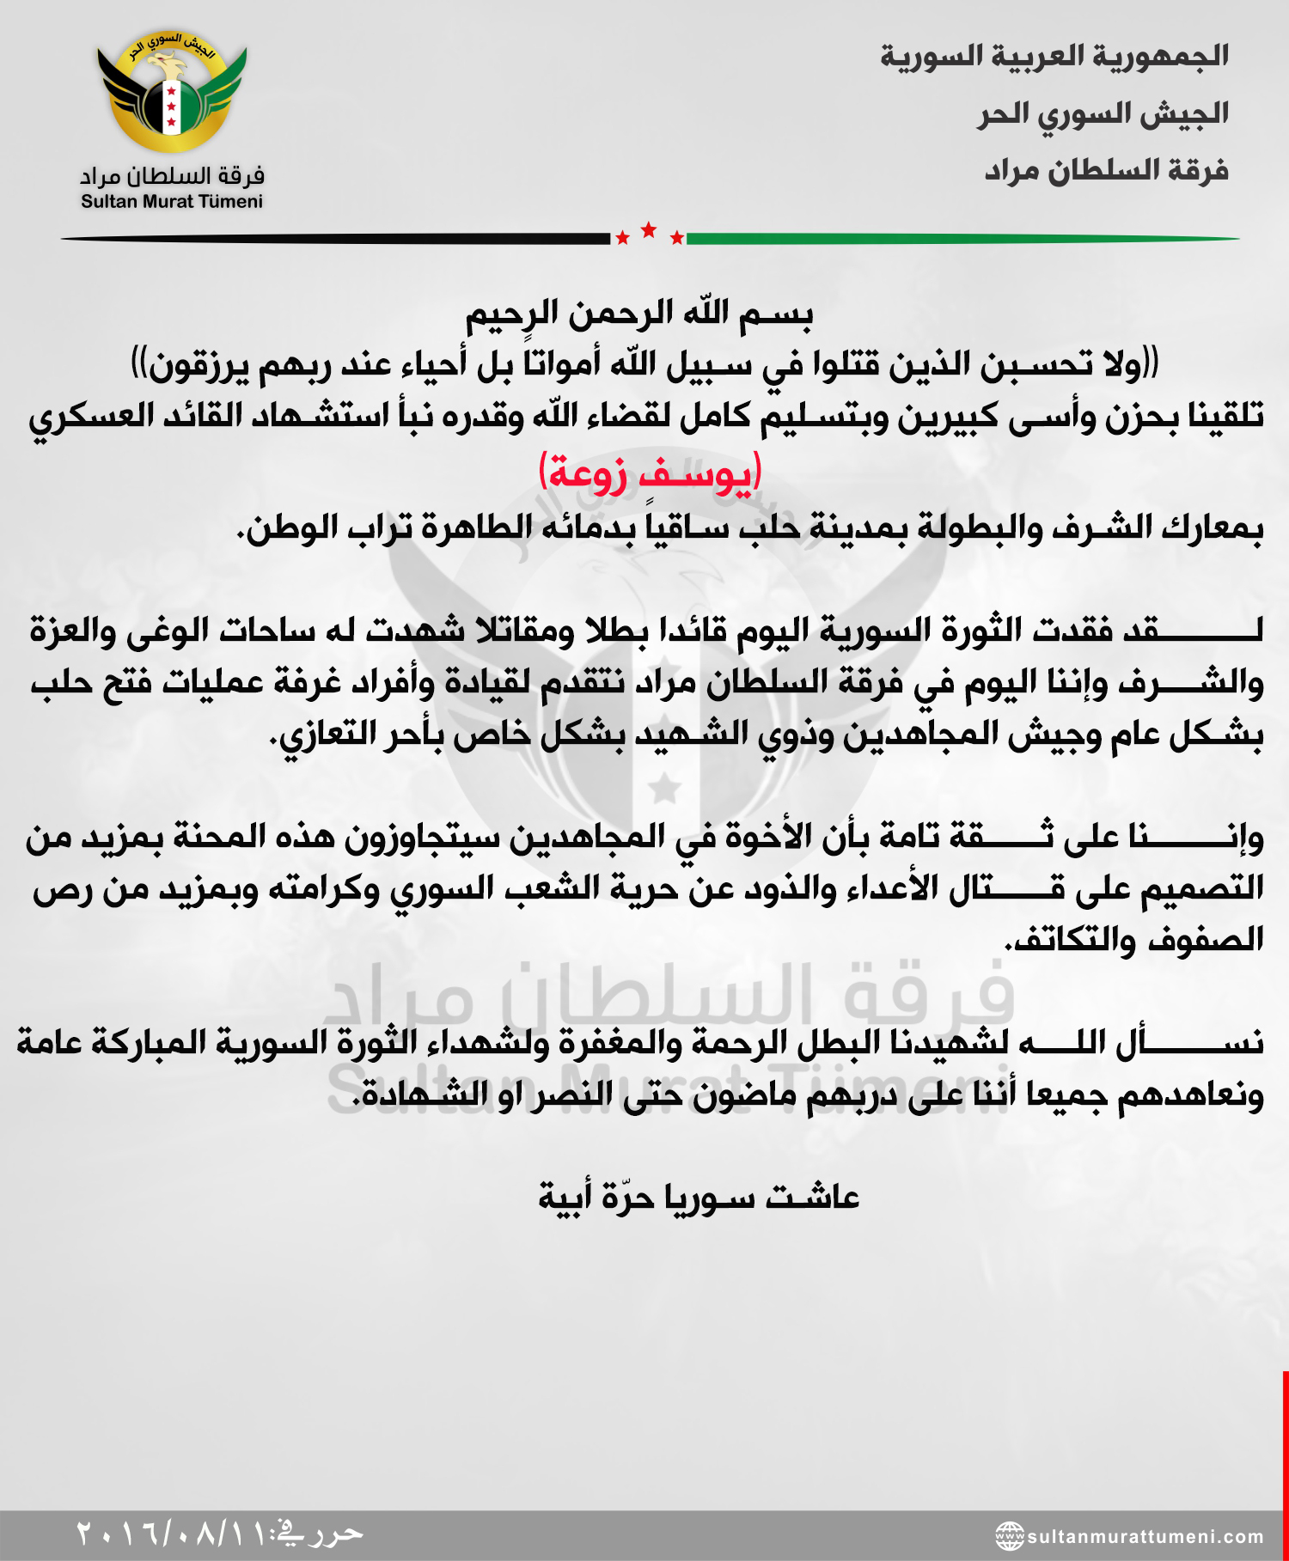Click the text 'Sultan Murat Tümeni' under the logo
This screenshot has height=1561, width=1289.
tap(172, 202)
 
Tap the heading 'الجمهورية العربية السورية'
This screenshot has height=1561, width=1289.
tap(1054, 57)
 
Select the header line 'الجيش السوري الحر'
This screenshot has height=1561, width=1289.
tap(1103, 114)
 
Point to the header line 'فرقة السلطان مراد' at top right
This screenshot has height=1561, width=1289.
tap(1106, 171)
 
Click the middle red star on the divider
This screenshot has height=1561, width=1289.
tap(649, 229)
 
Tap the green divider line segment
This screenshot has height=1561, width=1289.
tap(962, 239)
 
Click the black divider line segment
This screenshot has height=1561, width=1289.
tap(335, 239)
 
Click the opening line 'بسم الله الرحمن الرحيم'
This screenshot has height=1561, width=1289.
tap(639, 314)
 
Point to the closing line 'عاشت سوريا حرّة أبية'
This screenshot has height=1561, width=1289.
tap(699, 1197)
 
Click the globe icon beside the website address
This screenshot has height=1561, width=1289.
tap(1010, 1536)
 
